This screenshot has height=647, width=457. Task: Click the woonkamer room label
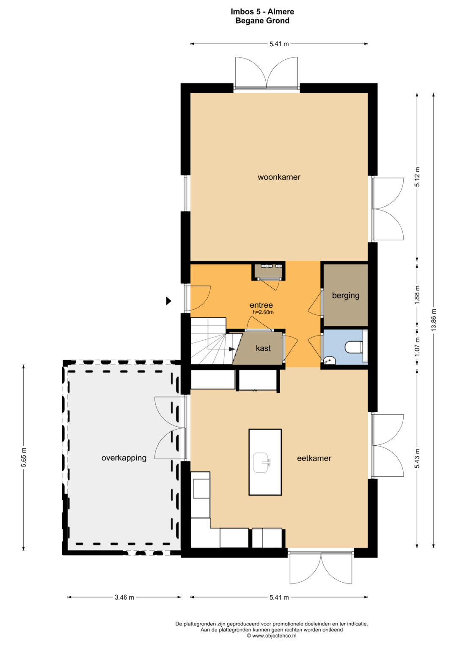(279, 177)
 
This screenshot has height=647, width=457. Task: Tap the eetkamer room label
(314, 458)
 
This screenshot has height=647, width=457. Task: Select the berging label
(346, 295)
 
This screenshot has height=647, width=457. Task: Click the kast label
(263, 348)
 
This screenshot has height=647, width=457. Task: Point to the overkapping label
(124, 458)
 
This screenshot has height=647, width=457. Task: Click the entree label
(261, 305)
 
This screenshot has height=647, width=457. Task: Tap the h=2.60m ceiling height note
(263, 312)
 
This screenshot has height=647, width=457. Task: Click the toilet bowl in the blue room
(354, 347)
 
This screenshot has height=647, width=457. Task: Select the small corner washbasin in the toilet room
(329, 360)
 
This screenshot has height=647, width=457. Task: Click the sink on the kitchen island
(262, 462)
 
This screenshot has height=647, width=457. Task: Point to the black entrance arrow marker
(168, 301)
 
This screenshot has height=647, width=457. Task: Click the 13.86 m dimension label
(434, 320)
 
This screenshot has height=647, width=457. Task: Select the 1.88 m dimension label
(417, 295)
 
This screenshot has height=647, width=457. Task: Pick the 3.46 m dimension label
(124, 597)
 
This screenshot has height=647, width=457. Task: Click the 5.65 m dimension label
(24, 458)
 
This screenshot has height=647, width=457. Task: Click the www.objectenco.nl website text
(274, 636)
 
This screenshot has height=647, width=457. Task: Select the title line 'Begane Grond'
(262, 21)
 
